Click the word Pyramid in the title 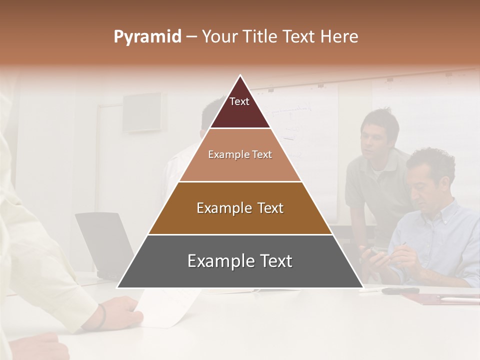click(x=147, y=37)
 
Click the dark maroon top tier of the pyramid click(x=240, y=110)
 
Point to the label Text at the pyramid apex click(x=239, y=101)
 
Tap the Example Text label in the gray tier click(x=240, y=261)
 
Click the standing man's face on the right click(x=375, y=137)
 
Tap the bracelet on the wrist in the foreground click(x=102, y=316)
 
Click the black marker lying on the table click(x=400, y=290)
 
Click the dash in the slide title click(x=191, y=37)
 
